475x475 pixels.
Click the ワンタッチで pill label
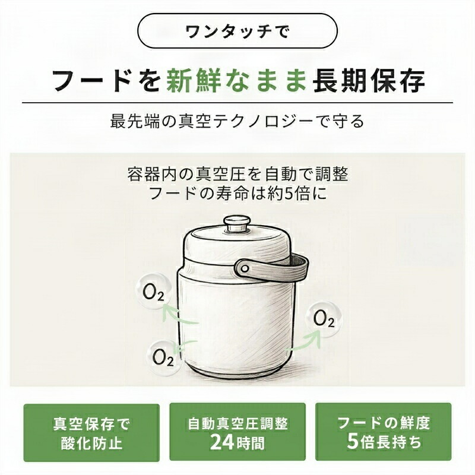click(237, 31)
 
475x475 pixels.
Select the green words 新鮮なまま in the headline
click(237, 80)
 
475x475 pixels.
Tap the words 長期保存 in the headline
click(369, 80)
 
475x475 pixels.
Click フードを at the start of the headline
click(106, 80)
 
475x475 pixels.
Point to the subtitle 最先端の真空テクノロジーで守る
click(237, 122)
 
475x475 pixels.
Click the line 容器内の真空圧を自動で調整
click(237, 175)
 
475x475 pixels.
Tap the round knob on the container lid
click(236, 224)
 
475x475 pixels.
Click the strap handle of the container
click(271, 268)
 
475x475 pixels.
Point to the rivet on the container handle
click(245, 268)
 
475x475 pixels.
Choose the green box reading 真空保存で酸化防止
click(91, 433)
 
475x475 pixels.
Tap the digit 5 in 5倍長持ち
click(353, 441)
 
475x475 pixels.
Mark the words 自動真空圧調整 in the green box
click(237, 423)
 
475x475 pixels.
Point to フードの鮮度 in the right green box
click(384, 423)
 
